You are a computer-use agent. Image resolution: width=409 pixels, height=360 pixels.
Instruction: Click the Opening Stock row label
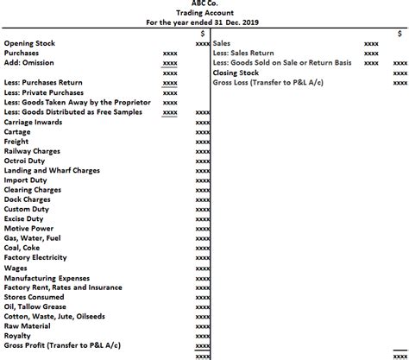(x=29, y=43)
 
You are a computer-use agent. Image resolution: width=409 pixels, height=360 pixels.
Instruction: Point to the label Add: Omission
(x=30, y=63)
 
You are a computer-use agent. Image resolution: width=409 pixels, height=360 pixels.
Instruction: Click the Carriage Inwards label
(x=33, y=123)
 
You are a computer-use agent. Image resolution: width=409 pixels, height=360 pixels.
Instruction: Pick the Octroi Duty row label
(x=27, y=161)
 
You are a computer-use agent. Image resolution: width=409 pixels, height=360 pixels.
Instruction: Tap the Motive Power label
(x=29, y=229)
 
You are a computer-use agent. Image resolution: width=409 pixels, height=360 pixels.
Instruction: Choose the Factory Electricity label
(x=35, y=257)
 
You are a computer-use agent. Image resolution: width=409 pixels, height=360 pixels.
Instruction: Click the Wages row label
(x=16, y=268)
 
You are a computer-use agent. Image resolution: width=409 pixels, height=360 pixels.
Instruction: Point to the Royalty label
(x=18, y=335)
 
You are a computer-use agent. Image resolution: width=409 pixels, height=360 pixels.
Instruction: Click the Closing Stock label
(x=237, y=73)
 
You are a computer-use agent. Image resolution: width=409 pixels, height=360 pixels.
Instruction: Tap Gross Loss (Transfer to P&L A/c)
(x=267, y=83)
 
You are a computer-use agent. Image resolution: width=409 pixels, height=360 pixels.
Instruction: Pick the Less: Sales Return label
(x=243, y=54)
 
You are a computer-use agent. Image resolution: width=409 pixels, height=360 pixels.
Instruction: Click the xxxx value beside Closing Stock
(x=400, y=73)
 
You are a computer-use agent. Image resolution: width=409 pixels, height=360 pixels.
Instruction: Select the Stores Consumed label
(x=34, y=296)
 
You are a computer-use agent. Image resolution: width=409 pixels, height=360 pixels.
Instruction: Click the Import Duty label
(x=27, y=180)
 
